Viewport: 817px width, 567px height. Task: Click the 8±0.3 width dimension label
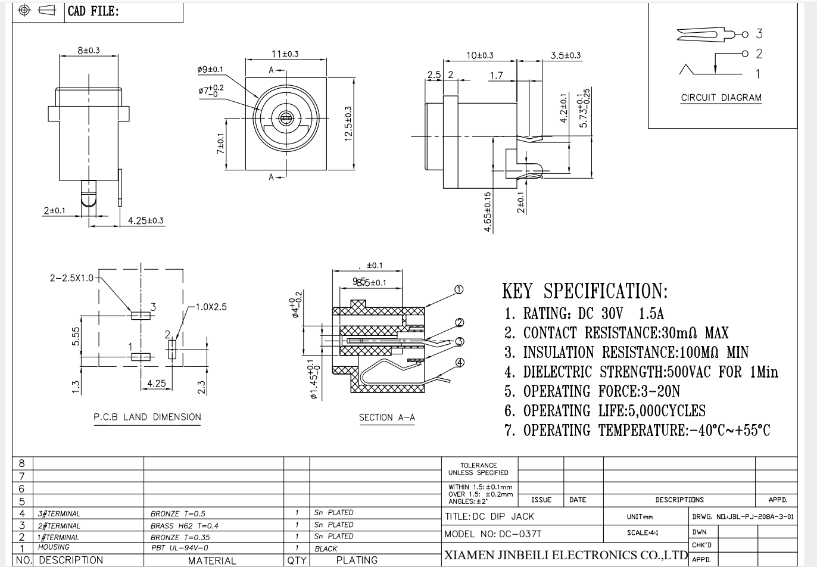click(88, 51)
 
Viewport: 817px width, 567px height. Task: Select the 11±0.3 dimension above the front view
click(285, 54)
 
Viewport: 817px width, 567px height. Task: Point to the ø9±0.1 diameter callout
click(210, 70)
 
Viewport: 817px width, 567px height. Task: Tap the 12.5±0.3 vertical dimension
click(348, 123)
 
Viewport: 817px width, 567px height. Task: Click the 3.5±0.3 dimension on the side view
click(565, 55)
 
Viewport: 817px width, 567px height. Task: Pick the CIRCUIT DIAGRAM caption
click(721, 98)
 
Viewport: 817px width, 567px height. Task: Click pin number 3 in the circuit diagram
click(759, 33)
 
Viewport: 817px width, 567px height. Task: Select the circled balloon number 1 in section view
click(459, 290)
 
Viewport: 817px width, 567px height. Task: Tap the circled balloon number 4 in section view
click(460, 362)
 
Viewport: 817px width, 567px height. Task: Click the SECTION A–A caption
click(386, 418)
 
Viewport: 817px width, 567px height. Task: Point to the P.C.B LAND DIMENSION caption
click(147, 417)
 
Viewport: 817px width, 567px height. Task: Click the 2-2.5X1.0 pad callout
click(71, 278)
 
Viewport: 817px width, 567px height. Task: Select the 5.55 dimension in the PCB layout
click(76, 336)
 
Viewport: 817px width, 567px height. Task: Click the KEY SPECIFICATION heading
click(585, 291)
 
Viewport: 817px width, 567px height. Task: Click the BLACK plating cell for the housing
click(326, 549)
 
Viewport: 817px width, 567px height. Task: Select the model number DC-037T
click(519, 534)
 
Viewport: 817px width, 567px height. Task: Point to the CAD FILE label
click(93, 11)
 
